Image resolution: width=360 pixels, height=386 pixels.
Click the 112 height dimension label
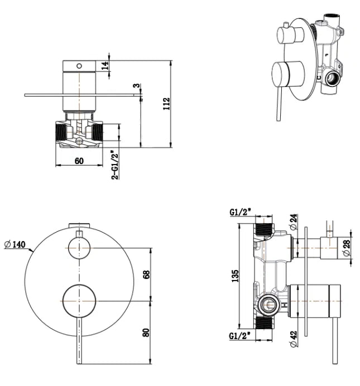[166, 103]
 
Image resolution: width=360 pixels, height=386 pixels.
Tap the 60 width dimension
[79, 161]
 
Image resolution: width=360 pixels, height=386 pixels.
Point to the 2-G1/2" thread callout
[115, 164]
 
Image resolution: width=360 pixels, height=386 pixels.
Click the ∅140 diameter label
[15, 244]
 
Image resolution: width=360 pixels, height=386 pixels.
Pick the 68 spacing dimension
[147, 274]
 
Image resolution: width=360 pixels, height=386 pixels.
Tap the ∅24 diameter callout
[294, 223]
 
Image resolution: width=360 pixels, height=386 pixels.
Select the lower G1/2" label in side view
[241, 336]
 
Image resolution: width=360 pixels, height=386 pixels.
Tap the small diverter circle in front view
[79, 247]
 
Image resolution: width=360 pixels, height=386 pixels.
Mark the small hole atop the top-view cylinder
[79, 66]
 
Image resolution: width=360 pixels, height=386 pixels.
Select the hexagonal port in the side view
[269, 304]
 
